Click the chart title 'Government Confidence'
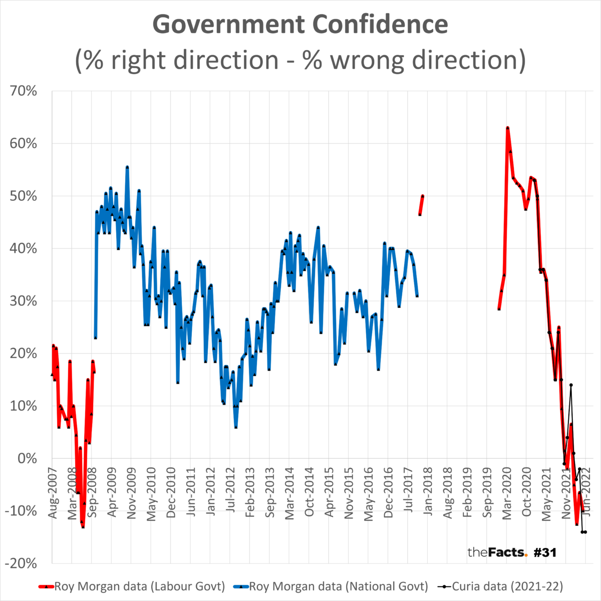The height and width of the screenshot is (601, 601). (300, 25)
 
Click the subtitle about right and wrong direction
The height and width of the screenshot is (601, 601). (300, 60)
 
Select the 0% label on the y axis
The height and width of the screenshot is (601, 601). (28, 458)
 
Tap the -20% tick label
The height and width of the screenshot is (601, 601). (21, 563)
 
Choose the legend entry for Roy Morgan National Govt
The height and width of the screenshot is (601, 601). (339, 586)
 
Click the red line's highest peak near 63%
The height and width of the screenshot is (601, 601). (507, 128)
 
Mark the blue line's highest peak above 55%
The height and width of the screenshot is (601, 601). (127, 167)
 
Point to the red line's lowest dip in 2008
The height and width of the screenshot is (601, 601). (83, 526)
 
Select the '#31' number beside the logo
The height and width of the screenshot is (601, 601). (545, 552)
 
